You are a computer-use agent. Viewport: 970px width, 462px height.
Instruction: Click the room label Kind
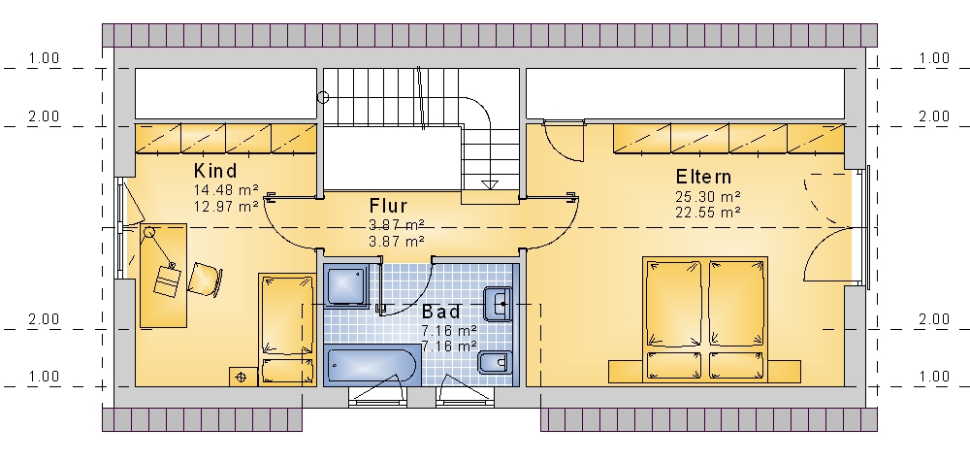click(x=215, y=170)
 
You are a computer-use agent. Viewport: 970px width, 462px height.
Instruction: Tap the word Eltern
click(x=703, y=177)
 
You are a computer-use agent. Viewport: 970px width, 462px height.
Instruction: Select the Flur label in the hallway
click(x=389, y=206)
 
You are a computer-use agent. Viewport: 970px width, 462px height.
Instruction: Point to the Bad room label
click(x=441, y=312)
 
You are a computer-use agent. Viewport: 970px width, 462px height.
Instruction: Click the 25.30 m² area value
click(x=708, y=197)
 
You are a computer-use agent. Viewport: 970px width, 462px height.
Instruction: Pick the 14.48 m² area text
click(x=226, y=190)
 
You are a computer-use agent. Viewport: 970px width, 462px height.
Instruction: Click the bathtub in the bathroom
click(x=372, y=365)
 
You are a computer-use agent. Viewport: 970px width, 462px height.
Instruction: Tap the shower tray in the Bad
click(x=346, y=285)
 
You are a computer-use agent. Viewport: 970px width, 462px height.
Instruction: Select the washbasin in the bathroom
click(x=498, y=304)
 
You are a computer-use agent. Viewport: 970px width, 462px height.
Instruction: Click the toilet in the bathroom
click(x=496, y=362)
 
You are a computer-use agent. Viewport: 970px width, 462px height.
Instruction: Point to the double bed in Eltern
click(x=705, y=319)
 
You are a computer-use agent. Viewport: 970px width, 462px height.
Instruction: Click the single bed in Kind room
click(x=286, y=329)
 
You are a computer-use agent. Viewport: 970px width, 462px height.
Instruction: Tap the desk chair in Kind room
click(x=205, y=279)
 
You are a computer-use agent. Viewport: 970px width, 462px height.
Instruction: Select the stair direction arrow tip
click(x=490, y=187)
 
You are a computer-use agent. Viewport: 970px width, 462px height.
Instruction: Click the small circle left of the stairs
click(x=323, y=97)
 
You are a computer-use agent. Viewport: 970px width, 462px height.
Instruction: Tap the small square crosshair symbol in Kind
click(x=242, y=377)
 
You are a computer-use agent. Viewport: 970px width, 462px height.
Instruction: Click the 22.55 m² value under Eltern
click(x=708, y=213)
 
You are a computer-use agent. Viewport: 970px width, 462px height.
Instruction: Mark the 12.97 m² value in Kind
click(x=226, y=206)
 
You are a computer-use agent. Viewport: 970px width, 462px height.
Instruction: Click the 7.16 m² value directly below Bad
click(x=449, y=331)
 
